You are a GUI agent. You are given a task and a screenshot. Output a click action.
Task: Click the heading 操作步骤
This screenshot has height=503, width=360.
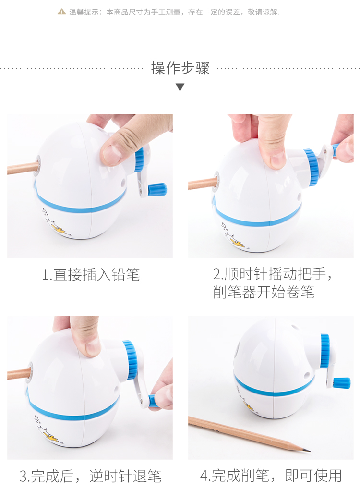(180, 68)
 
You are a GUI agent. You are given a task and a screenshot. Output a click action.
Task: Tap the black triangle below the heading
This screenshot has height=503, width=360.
(180, 87)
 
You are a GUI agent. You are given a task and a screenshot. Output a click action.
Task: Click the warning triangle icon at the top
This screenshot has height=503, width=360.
(61, 12)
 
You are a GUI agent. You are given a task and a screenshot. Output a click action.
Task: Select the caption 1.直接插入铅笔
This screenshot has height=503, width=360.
(91, 275)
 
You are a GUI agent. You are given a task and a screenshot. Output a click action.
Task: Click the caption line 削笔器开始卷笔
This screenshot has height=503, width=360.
(264, 292)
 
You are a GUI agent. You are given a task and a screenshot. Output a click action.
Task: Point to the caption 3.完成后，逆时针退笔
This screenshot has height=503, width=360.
(90, 476)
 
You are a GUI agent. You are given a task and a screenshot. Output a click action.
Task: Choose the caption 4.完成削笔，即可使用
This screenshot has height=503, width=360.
(271, 476)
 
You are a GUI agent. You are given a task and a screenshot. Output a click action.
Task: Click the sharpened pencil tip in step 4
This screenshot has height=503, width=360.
(308, 450)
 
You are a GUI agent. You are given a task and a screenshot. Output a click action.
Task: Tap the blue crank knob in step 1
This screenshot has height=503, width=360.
(157, 189)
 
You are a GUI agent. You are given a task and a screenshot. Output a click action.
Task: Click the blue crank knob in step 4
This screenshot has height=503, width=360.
(341, 382)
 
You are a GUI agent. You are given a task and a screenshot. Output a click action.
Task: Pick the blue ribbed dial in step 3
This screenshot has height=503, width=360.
(131, 359)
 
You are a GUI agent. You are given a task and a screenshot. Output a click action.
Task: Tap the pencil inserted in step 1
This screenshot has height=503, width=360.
(23, 168)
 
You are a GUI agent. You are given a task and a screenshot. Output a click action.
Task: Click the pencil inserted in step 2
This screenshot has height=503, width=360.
(202, 183)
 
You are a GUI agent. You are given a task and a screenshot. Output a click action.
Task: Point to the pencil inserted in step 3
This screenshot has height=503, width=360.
(19, 374)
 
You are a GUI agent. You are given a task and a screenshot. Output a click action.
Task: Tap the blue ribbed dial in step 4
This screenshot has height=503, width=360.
(325, 351)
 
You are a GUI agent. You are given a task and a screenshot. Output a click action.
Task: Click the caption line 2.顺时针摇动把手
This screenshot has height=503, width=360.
(273, 274)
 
